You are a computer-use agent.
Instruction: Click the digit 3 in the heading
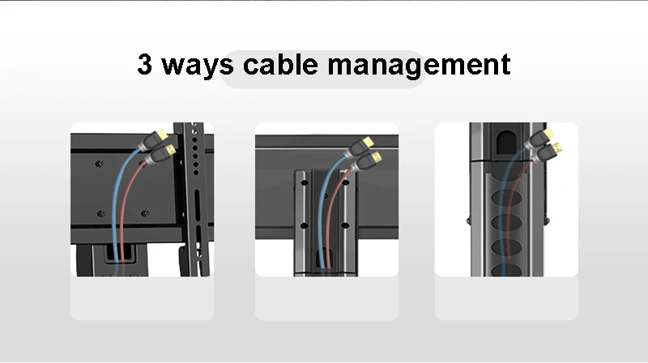click(x=146, y=65)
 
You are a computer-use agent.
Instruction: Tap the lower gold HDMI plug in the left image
click(x=170, y=150)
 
